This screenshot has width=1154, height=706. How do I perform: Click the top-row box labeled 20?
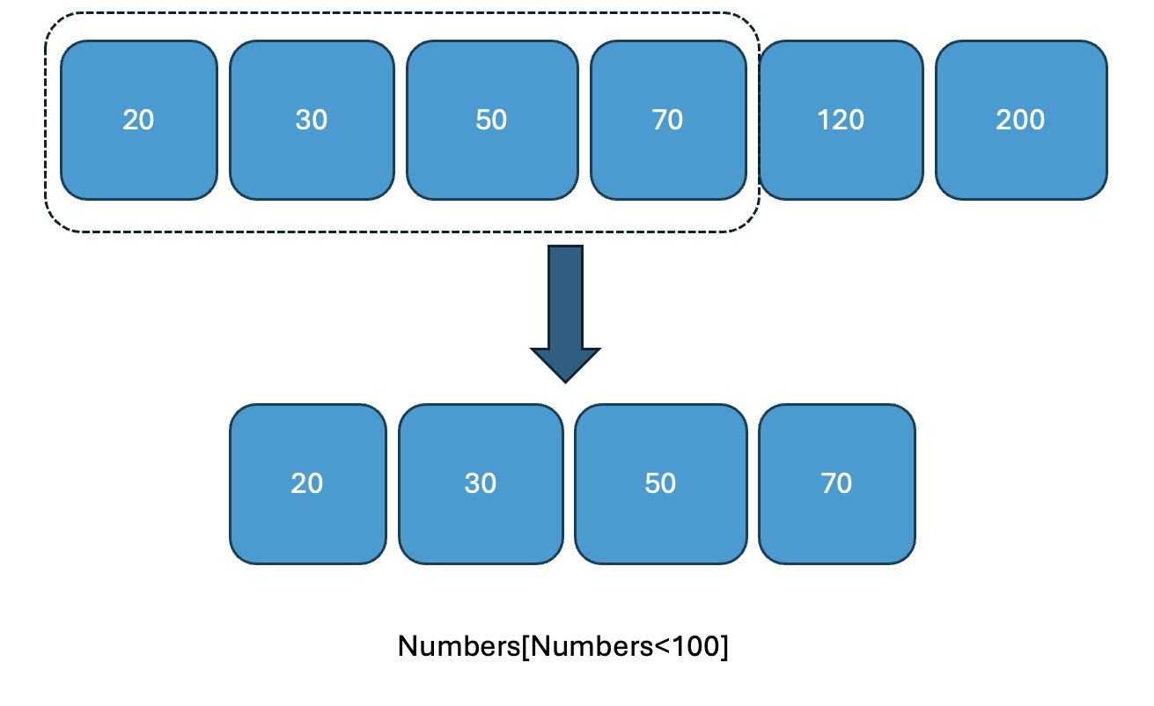pos(138,120)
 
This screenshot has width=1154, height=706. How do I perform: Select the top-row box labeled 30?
pos(312,120)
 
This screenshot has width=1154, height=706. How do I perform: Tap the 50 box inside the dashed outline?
pos(491,120)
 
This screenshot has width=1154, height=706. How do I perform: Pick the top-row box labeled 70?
pos(667,120)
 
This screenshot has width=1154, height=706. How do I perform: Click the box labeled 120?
pos(841,120)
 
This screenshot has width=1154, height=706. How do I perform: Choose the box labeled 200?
pos(1020,120)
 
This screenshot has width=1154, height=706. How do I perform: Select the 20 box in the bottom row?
pos(307,483)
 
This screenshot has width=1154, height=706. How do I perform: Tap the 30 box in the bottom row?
pos(481,483)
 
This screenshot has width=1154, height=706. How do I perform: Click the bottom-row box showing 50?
pos(660,483)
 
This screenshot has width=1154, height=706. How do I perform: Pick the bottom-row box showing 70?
pos(836,483)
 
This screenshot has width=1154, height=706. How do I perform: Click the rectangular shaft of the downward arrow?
pos(565,296)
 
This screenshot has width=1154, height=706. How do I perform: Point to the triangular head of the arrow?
pos(565,363)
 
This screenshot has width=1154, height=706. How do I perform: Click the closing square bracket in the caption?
pos(724,647)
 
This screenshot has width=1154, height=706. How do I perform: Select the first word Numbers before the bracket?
pos(459,646)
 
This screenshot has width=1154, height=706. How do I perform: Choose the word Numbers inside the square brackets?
pos(589,646)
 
